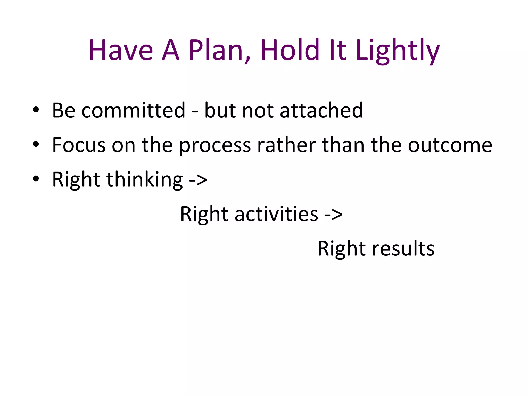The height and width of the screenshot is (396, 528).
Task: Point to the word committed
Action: (x=133, y=110)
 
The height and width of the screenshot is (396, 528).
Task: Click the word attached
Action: (x=321, y=110)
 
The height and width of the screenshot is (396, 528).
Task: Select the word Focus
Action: (x=79, y=145)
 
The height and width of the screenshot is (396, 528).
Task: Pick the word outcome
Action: (x=450, y=145)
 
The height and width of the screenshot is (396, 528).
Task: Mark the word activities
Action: (x=276, y=214)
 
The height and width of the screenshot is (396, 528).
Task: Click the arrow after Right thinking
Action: (x=198, y=180)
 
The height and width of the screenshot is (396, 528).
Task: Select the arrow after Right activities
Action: (x=333, y=214)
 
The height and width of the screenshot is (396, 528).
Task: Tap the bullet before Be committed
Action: (x=36, y=109)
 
